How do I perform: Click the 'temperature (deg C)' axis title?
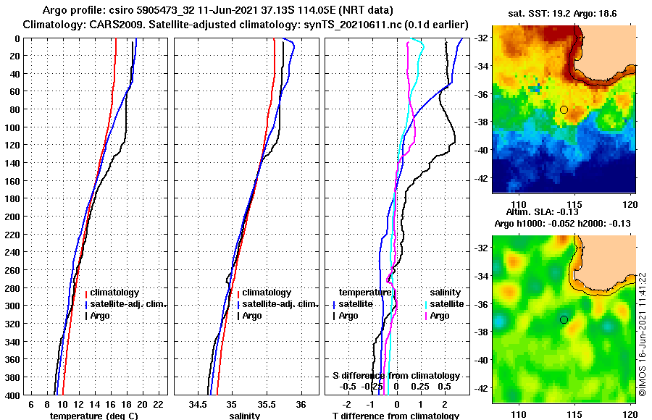click(93, 416)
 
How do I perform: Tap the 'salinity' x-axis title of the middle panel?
click(245, 416)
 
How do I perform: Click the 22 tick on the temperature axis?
click(158, 403)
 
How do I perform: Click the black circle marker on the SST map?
click(564, 109)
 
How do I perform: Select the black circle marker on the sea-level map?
click(564, 319)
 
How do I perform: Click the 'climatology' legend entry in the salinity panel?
click(266, 293)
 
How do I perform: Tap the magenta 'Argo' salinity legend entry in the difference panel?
click(439, 316)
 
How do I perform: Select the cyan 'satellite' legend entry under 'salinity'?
click(447, 304)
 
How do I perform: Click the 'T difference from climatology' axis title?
click(396, 416)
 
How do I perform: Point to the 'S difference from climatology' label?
click(396, 376)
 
